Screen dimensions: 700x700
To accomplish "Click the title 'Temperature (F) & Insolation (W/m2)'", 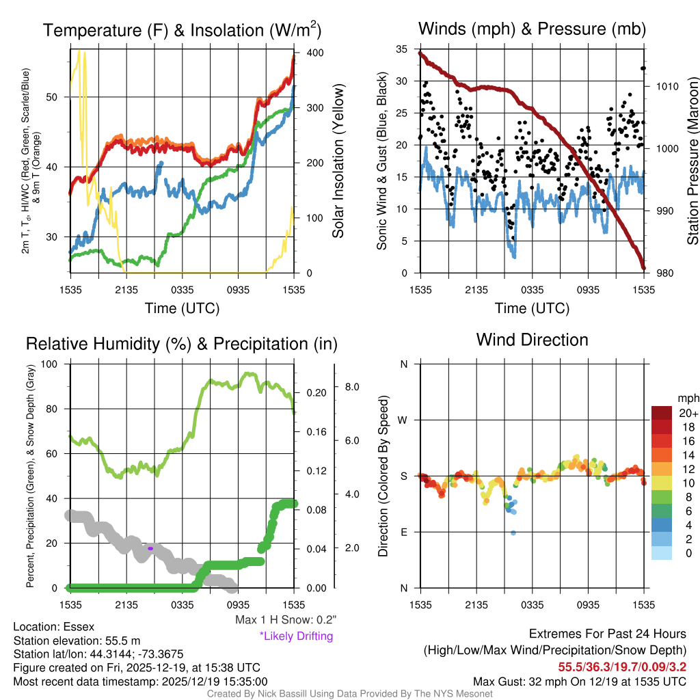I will point(183,30).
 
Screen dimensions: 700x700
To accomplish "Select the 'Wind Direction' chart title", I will point(532,340).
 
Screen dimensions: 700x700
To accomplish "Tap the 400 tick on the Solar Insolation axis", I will point(314,53).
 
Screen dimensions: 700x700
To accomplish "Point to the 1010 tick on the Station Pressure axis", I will point(667,87).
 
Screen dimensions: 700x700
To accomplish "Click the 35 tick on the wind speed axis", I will point(402,49).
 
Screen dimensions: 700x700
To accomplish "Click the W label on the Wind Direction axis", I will point(404,420).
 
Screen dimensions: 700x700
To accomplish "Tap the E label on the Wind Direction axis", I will point(404,532).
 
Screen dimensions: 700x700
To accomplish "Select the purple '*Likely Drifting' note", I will point(296,636).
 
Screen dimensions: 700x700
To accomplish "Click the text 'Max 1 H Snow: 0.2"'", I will point(286,620).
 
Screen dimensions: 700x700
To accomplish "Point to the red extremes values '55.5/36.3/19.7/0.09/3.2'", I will point(622,667).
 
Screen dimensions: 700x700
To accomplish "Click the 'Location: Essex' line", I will point(54,627).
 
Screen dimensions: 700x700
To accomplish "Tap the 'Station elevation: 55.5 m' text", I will point(77,641).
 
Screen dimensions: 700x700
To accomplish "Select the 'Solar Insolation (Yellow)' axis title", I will point(338,161).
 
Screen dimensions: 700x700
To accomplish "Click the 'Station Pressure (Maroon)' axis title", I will point(692,161).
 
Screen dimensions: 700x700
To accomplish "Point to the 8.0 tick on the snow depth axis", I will point(353,387).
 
